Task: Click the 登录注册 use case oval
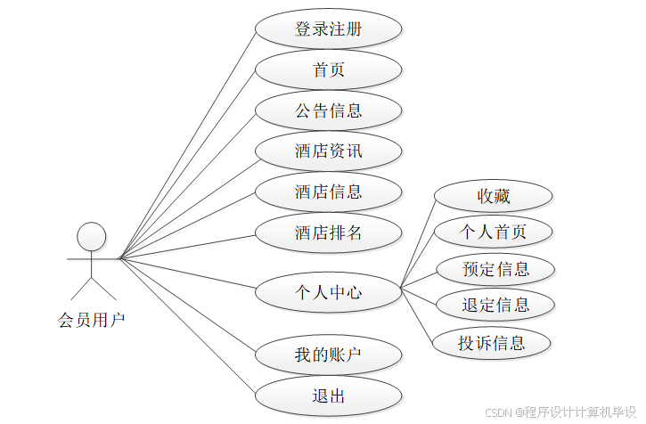click(x=328, y=29)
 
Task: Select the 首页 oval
click(x=328, y=70)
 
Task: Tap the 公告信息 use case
click(x=328, y=111)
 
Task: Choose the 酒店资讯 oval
click(x=328, y=151)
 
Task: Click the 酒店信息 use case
click(x=328, y=192)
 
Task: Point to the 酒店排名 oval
click(x=328, y=233)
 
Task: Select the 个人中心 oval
click(x=328, y=291)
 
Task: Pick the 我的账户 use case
click(x=328, y=355)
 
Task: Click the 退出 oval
click(x=328, y=396)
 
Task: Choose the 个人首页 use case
click(x=493, y=232)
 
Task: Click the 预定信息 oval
click(x=495, y=269)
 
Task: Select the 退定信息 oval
click(x=495, y=306)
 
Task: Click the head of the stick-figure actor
click(x=91, y=236)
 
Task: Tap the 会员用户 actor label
click(x=91, y=319)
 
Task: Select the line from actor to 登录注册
click(x=187, y=144)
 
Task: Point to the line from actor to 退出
click(x=187, y=327)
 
